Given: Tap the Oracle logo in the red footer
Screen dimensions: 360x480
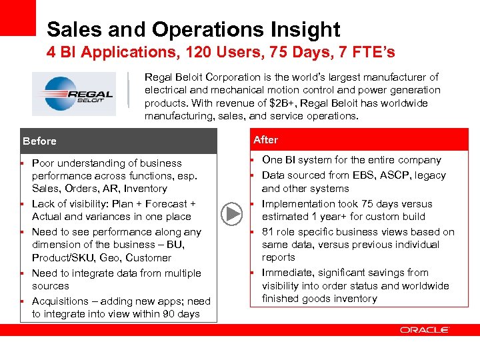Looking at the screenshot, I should [x=425, y=330].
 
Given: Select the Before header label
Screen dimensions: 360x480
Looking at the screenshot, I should [x=39, y=141].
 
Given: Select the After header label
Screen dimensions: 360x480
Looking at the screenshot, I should [x=265, y=140].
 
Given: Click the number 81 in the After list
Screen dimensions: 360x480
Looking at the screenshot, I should [x=268, y=232].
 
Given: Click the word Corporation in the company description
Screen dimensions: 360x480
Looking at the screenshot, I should [x=229, y=77].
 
